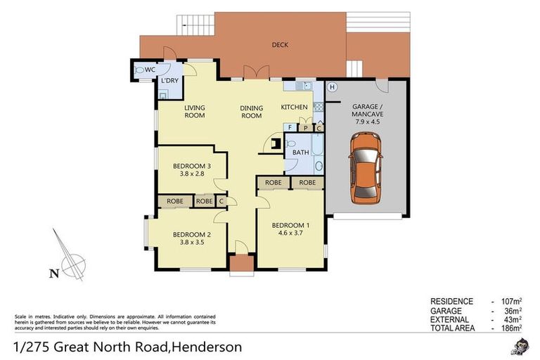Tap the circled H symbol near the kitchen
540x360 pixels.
click(333, 87)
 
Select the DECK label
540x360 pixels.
click(280, 45)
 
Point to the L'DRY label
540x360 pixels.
click(169, 81)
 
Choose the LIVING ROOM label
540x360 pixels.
click(195, 111)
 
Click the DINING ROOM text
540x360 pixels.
click(251, 112)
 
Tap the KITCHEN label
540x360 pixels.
click(294, 107)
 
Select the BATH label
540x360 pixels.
click(300, 153)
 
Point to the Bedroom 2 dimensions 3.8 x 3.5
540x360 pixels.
click(191, 242)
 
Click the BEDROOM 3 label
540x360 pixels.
click(191, 167)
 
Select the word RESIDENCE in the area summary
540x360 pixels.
click(452, 301)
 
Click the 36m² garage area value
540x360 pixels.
click(513, 310)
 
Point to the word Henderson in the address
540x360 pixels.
click(207, 347)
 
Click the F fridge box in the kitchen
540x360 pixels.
click(290, 127)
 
